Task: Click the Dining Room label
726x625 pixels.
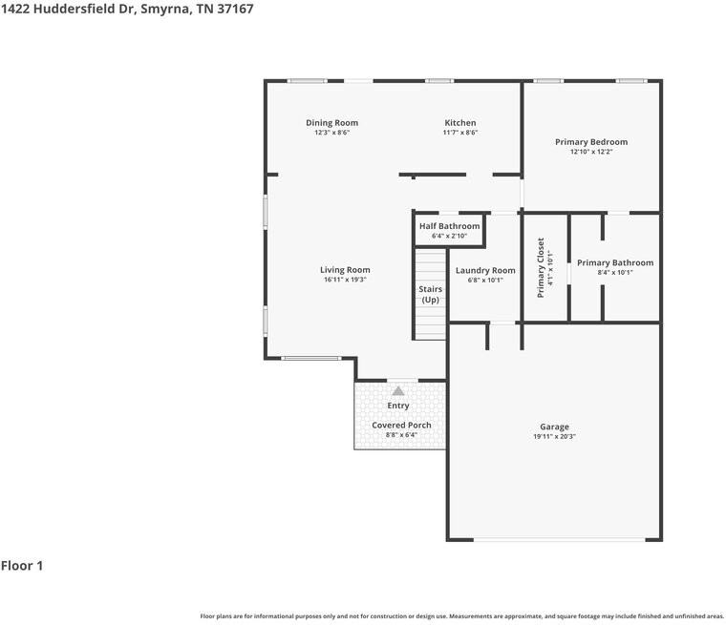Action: [x=332, y=122]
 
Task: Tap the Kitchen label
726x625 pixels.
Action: [x=460, y=122]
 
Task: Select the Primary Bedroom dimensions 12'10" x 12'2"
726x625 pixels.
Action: [x=591, y=152]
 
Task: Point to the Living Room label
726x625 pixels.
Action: [x=345, y=270]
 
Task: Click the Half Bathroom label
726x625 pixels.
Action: [x=450, y=226]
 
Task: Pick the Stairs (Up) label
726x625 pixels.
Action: [x=431, y=294]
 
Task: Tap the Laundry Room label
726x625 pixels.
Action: [x=485, y=270]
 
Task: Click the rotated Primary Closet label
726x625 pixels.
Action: [x=541, y=267]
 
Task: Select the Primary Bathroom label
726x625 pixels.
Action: [x=615, y=262]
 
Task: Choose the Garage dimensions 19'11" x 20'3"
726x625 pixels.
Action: [x=554, y=436]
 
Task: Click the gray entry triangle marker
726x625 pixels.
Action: [x=398, y=391]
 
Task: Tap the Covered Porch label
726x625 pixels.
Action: [x=401, y=425]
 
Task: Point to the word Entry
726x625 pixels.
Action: [x=398, y=406]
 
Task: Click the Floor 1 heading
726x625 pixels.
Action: [x=22, y=566]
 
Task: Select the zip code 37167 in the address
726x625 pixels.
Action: [x=235, y=9]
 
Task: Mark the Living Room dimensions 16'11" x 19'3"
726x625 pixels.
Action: [x=345, y=280]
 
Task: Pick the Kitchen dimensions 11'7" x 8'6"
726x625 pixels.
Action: [x=460, y=133]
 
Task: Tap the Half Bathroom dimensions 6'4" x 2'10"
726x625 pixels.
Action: [x=450, y=236]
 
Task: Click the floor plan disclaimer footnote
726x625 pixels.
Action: [x=462, y=616]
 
